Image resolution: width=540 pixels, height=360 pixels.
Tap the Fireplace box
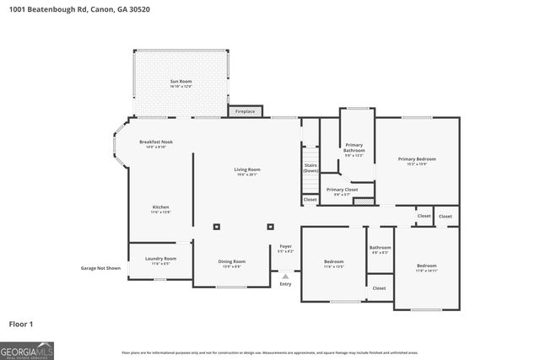tap(245, 111)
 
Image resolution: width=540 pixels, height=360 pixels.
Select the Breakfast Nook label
tap(156, 144)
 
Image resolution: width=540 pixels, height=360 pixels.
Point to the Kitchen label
tap(160, 209)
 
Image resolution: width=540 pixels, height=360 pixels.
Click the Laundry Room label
tap(160, 261)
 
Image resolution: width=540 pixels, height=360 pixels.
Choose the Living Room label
tap(246, 172)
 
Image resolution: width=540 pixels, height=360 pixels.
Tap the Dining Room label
tap(232, 264)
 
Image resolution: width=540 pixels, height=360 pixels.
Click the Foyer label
tap(285, 250)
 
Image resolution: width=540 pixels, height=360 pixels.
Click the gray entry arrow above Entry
tap(285, 276)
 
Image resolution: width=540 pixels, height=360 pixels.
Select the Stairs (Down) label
tap(310, 168)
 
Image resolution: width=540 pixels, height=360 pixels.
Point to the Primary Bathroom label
tap(354, 148)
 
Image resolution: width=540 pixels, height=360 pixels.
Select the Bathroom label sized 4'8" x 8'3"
tap(379, 250)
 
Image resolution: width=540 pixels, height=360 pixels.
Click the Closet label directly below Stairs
tap(310, 200)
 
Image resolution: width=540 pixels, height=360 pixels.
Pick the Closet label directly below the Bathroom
tap(379, 287)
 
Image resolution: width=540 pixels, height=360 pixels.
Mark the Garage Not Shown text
tap(100, 268)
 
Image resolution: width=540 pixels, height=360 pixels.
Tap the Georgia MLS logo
tap(28, 349)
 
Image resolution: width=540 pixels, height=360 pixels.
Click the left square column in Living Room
tap(217, 226)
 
